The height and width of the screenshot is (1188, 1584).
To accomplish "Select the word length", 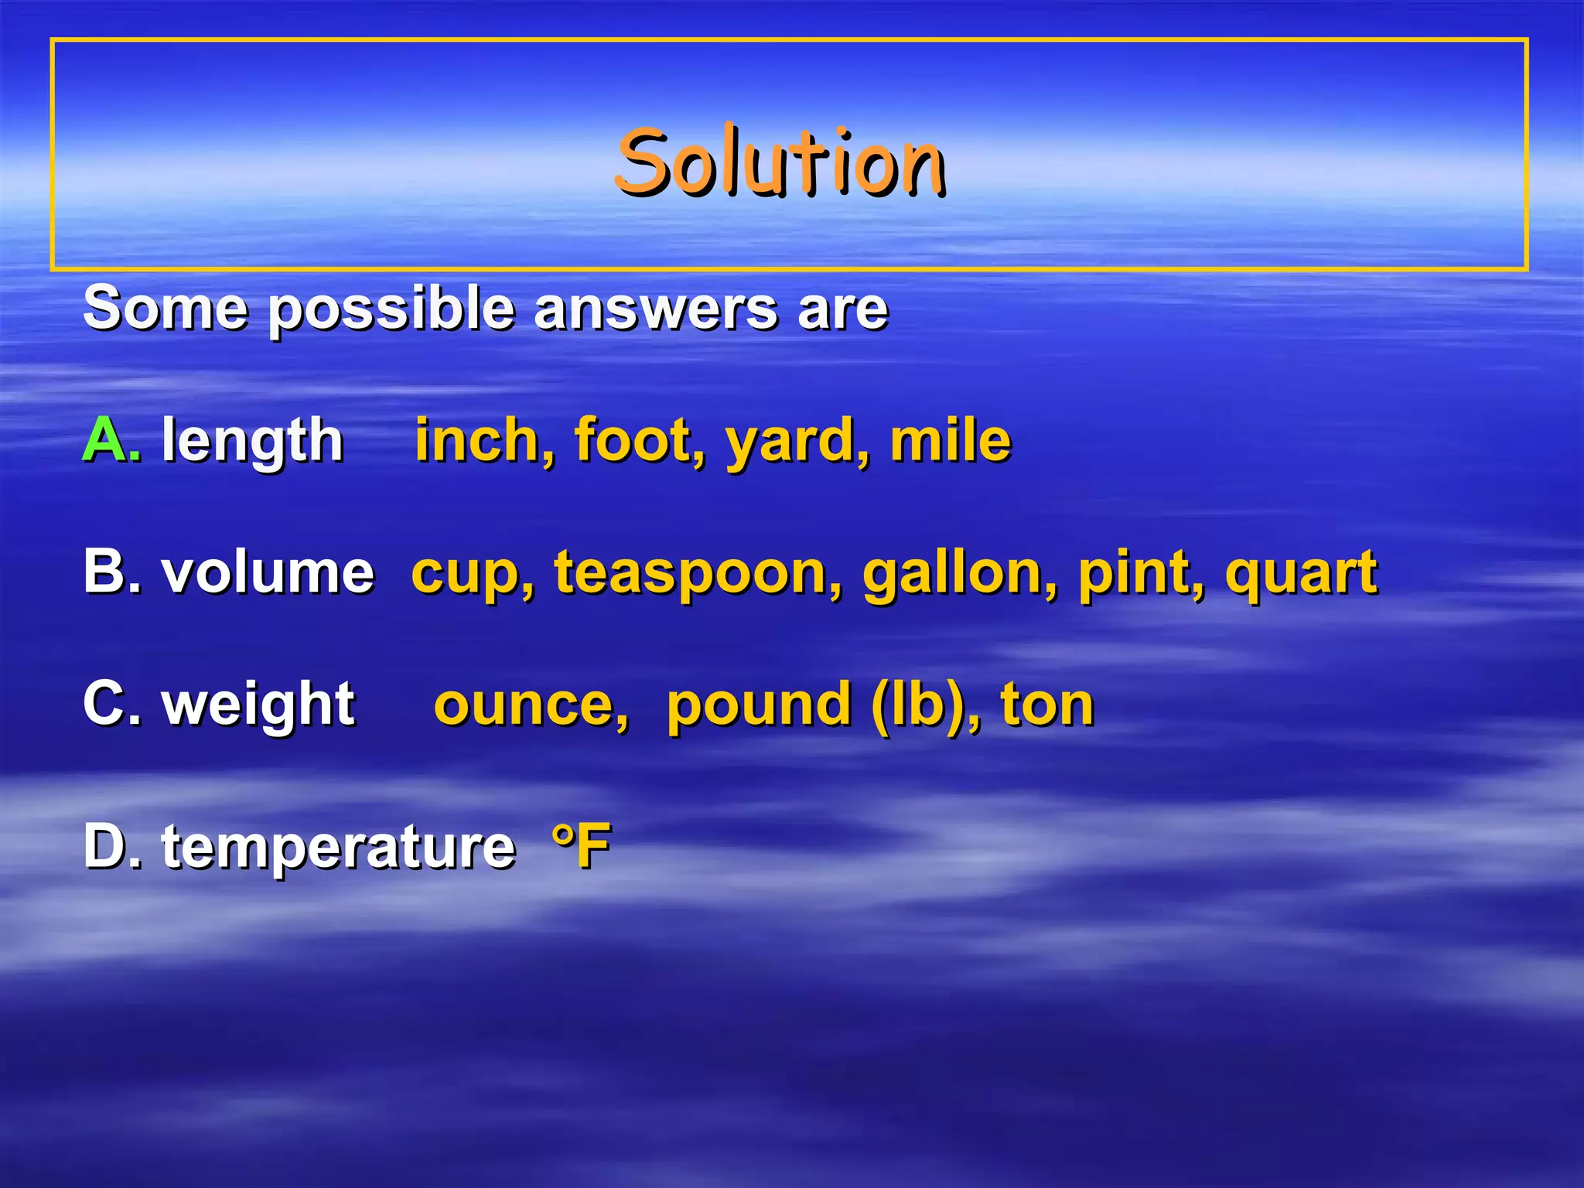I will (x=252, y=441).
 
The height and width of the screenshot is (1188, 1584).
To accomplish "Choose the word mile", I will (x=951, y=439).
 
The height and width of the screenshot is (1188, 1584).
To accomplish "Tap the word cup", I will (x=464, y=574).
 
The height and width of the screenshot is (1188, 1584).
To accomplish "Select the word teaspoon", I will (x=690, y=574).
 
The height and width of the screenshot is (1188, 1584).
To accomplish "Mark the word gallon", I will (x=951, y=574).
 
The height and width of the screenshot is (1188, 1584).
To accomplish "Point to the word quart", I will (x=1301, y=574).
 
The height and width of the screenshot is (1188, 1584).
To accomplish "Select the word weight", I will (x=258, y=705).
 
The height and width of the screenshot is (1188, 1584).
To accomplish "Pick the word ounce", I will (x=523, y=705).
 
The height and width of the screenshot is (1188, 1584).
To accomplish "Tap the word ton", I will (x=1047, y=705).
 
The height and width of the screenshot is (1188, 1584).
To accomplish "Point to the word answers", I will (x=656, y=308).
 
